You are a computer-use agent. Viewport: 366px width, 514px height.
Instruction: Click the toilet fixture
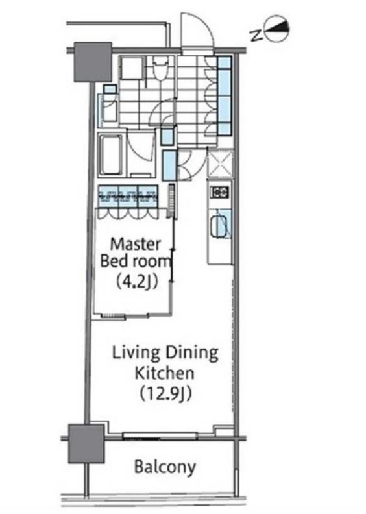160,69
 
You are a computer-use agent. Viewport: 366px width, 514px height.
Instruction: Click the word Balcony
165,467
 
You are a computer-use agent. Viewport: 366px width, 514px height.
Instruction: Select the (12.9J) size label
165,393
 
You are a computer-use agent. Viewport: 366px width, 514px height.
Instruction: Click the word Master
136,244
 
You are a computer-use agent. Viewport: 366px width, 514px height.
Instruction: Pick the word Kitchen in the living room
165,373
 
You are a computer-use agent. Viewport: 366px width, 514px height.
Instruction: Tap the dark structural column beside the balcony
86,444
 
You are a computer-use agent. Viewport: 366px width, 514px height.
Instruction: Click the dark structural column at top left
93,62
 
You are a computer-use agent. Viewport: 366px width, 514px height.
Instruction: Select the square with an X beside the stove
220,163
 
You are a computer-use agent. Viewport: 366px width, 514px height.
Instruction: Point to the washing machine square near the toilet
132,68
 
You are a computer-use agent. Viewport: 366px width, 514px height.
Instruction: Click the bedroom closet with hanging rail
128,196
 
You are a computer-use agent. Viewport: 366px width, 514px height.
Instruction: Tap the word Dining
191,353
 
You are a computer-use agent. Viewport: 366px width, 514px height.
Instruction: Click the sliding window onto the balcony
160,435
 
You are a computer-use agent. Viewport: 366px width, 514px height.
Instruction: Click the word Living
137,353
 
